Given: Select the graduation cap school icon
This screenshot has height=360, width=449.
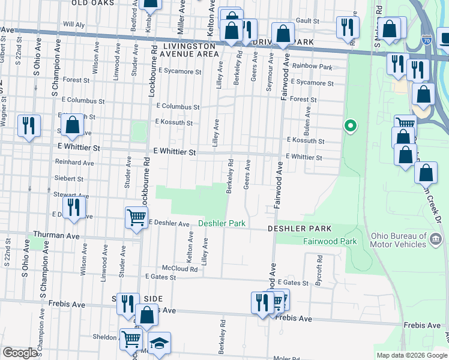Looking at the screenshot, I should pyautogui.click(x=160, y=343).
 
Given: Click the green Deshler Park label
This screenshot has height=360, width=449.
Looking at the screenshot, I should pyautogui.click(x=222, y=223).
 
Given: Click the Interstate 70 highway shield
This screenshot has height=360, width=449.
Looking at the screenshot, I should pyautogui.click(x=426, y=41).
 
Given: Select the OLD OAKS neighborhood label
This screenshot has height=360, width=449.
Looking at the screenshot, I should pyautogui.click(x=92, y=3).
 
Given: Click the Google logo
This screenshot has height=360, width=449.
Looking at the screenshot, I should pyautogui.click(x=20, y=353).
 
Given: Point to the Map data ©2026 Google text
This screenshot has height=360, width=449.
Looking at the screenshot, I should pyautogui.click(x=411, y=355).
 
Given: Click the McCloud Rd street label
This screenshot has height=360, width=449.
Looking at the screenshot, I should pyautogui.click(x=179, y=269).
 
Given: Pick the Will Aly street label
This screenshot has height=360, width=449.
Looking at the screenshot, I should pyautogui.click(x=73, y=25).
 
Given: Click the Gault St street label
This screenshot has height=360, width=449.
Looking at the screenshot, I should pyautogui.click(x=307, y=20).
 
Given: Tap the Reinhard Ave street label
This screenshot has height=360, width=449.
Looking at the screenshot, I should pyautogui.click(x=74, y=163).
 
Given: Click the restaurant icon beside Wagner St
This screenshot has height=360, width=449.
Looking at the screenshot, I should pyautogui.click(x=28, y=126).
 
